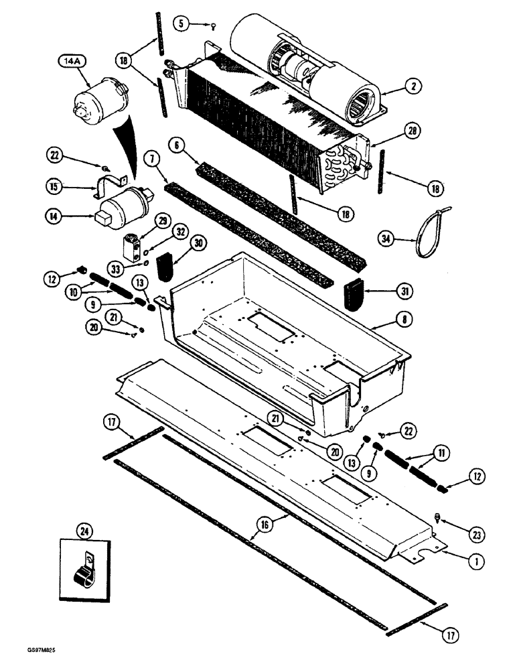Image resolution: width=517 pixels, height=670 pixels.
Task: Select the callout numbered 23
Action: coord(476,535)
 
